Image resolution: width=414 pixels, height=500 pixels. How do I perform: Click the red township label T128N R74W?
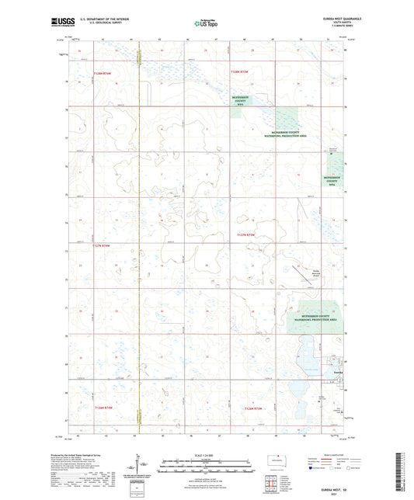102,72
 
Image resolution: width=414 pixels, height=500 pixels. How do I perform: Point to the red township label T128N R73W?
239,71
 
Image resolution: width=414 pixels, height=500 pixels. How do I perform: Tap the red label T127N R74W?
102,246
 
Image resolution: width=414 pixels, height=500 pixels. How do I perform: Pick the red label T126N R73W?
254,408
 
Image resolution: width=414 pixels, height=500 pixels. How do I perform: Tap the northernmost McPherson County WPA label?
240,100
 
